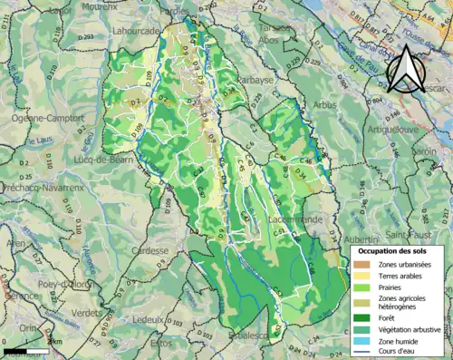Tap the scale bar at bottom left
[26, 350]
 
